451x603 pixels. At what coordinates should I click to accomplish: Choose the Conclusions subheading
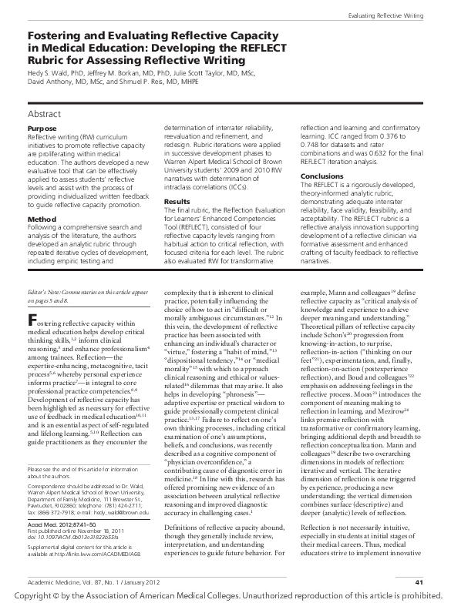(321, 176)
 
